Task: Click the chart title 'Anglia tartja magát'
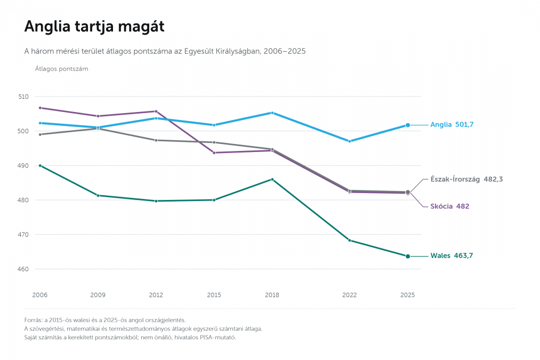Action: click(x=94, y=27)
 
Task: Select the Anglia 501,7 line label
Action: click(x=452, y=125)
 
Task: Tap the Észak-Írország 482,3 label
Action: click(x=466, y=179)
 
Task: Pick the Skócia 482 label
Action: click(x=450, y=206)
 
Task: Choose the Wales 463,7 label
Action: click(x=452, y=255)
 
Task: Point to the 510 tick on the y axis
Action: click(x=23, y=97)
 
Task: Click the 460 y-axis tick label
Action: click(x=23, y=269)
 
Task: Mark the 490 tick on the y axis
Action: click(x=23, y=166)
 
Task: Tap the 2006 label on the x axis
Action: click(x=40, y=295)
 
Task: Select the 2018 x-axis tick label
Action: click(x=272, y=295)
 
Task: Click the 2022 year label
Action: click(x=350, y=295)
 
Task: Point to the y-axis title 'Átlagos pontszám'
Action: click(x=62, y=69)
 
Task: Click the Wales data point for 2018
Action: click(x=272, y=180)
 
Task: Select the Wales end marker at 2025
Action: click(x=408, y=257)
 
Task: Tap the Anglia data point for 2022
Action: click(x=350, y=141)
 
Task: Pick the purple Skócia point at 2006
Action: click(x=40, y=108)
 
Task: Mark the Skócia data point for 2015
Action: click(x=214, y=153)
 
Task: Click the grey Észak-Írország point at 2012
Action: click(x=156, y=140)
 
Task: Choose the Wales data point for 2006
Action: click(x=40, y=166)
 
